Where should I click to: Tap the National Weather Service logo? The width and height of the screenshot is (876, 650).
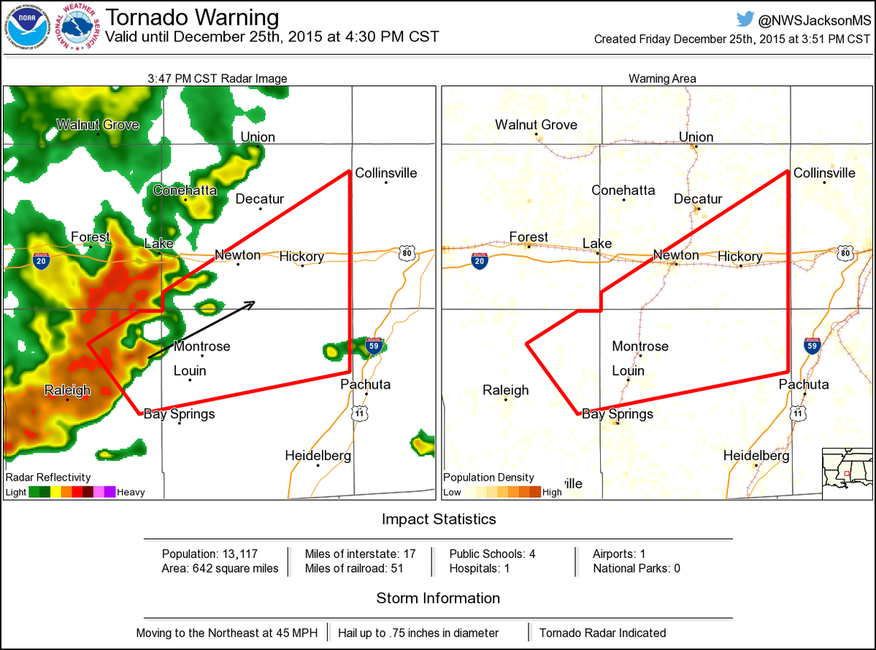pos(79,27)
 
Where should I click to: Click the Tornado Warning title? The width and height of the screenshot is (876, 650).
pos(193,18)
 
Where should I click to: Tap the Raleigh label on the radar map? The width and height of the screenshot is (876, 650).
pos(67,389)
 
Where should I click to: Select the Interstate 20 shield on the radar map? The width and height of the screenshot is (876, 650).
pos(41,261)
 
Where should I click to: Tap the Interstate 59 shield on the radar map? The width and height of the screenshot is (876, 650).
pos(374,345)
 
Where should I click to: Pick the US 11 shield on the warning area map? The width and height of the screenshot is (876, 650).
pos(799,414)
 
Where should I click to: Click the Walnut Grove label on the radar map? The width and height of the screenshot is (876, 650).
pos(98,125)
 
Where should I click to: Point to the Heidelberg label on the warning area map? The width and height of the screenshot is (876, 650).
pos(756,456)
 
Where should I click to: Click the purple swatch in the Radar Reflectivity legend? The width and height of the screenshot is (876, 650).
pos(109,492)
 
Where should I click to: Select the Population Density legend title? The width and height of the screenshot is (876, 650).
pos(488,478)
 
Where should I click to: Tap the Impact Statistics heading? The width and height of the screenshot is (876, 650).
pos(439,519)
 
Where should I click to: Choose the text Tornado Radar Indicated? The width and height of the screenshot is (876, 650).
pos(602,632)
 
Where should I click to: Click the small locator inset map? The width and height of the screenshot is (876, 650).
pos(847,473)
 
